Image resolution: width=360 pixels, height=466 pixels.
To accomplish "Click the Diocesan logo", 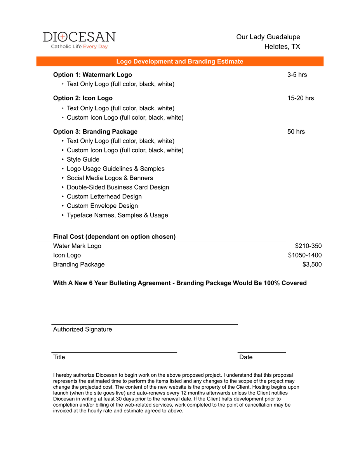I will [79, 40].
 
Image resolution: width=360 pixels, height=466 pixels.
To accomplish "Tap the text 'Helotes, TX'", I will [282, 47].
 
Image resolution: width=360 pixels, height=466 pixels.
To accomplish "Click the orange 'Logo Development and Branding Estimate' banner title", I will [180, 61].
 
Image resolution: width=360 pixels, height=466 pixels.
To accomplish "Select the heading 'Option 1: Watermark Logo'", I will [92, 75].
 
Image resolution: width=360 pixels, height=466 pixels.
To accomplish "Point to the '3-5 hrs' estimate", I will [297, 75].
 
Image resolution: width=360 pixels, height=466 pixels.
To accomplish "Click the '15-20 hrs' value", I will [301, 98].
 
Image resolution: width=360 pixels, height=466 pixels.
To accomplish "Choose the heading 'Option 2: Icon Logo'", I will [83, 98].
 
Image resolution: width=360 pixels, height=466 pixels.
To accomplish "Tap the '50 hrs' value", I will [296, 132].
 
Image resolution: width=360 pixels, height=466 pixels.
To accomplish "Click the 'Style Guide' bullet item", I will [83, 159].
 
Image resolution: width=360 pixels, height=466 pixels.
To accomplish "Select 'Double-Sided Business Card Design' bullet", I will [118, 187].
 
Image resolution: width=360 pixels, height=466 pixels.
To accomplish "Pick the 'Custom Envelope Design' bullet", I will [102, 206].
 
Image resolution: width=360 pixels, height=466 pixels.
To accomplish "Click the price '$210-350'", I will [308, 246].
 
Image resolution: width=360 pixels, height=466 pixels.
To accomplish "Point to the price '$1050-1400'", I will [304, 255].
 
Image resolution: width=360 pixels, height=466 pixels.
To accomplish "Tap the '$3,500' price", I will [312, 264].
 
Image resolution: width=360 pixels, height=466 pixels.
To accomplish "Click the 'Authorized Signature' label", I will [82, 329].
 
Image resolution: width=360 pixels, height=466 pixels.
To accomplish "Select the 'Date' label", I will [246, 357].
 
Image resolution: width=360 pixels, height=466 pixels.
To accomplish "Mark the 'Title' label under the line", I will [59, 357].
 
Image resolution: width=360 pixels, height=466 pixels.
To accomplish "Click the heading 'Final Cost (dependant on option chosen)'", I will [114, 236].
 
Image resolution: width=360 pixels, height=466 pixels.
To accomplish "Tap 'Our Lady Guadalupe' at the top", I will [268, 37].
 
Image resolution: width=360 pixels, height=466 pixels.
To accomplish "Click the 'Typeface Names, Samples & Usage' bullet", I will [117, 215].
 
